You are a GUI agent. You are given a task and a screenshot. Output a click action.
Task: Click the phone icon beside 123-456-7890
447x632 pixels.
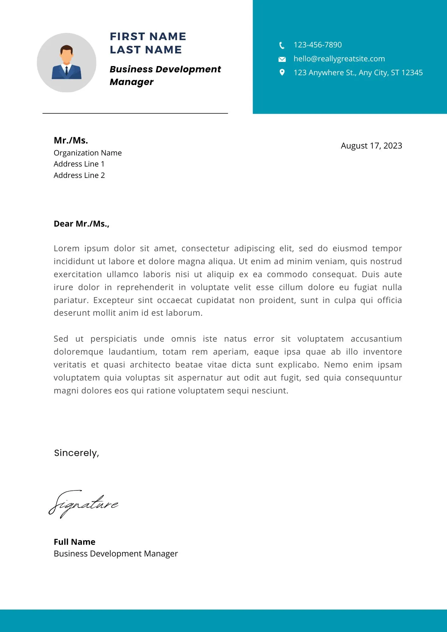coord(282,46)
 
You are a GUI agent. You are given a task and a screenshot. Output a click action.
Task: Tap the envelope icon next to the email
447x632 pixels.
coord(282,59)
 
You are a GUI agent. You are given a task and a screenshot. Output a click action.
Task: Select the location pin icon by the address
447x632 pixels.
coord(282,72)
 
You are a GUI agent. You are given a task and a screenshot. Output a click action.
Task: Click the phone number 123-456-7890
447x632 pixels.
coord(317,45)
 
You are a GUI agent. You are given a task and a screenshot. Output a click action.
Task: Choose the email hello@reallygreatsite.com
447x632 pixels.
coord(339,59)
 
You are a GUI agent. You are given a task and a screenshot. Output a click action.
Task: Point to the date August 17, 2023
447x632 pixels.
coord(371,146)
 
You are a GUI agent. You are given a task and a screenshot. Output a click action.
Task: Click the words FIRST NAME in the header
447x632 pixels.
coord(148,37)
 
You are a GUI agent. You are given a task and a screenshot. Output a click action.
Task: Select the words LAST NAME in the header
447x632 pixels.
coord(146,50)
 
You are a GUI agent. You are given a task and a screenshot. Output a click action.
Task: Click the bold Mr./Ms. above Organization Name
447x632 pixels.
coord(71,140)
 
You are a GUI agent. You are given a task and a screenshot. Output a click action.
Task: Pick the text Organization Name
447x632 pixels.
coord(88,153)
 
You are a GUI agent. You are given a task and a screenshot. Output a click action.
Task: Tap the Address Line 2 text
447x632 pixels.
coord(79,175)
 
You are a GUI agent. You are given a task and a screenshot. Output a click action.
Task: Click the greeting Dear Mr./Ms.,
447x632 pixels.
coord(81,224)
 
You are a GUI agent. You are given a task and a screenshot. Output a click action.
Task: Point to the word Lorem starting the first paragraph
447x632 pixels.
coord(66,248)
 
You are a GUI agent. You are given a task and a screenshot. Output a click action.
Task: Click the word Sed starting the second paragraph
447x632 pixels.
coord(61,339)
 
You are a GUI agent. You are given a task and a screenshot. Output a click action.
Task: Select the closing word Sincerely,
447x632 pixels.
coord(77,453)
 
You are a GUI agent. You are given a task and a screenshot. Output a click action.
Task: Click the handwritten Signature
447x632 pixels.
coord(83,504)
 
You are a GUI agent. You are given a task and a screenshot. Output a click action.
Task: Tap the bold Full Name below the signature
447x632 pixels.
coord(74,542)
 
